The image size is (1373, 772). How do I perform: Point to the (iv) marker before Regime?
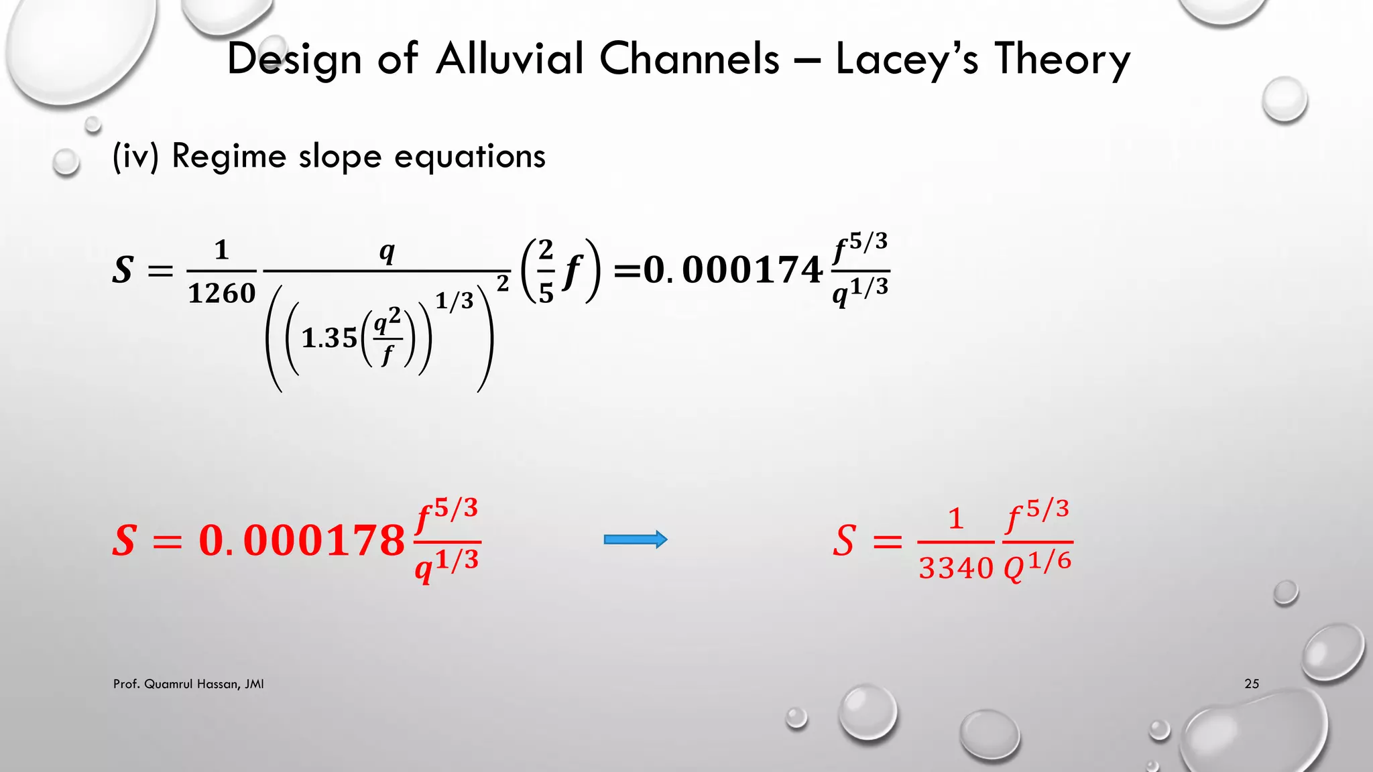[135, 157]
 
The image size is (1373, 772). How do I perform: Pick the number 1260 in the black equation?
[221, 293]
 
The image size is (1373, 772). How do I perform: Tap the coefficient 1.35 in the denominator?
[329, 338]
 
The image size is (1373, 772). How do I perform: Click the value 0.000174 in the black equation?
[733, 270]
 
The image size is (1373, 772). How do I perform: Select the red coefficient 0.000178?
[302, 540]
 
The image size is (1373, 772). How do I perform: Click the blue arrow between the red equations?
[635, 539]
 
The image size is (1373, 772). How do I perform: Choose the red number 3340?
[955, 568]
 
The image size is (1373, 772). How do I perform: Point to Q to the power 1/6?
[1036, 566]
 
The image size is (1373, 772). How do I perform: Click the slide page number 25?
[1251, 684]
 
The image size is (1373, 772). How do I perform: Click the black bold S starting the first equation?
[123, 270]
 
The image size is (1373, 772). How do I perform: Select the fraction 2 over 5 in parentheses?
[546, 271]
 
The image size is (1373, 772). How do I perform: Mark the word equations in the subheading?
[469, 157]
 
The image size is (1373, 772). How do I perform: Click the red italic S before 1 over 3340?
[844, 540]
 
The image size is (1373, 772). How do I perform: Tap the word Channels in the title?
[689, 59]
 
